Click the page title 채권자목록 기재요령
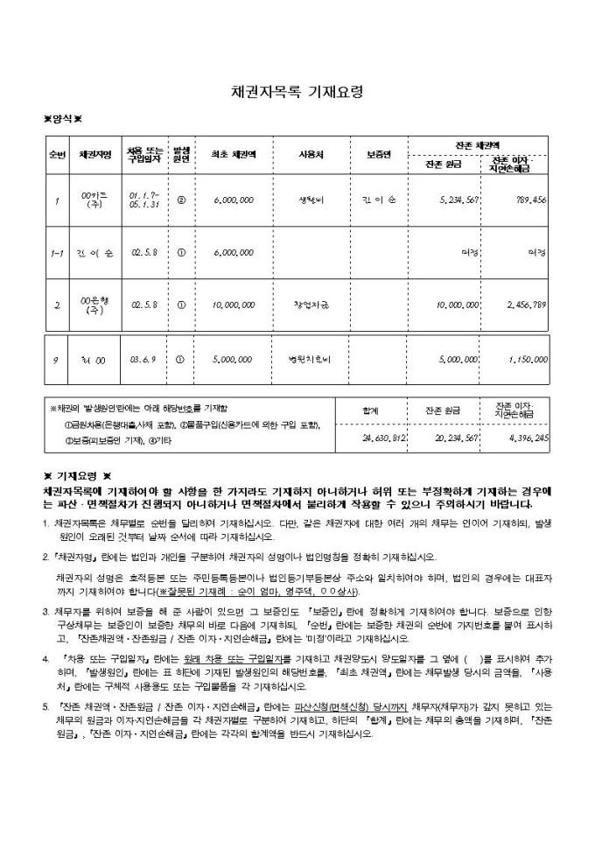(x=297, y=91)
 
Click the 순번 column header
(x=57, y=155)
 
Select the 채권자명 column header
(x=94, y=155)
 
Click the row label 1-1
(x=57, y=253)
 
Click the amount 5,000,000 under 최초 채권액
(x=233, y=359)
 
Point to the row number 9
(x=56, y=359)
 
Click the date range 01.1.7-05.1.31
(x=143, y=200)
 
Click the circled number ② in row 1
(x=181, y=200)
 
